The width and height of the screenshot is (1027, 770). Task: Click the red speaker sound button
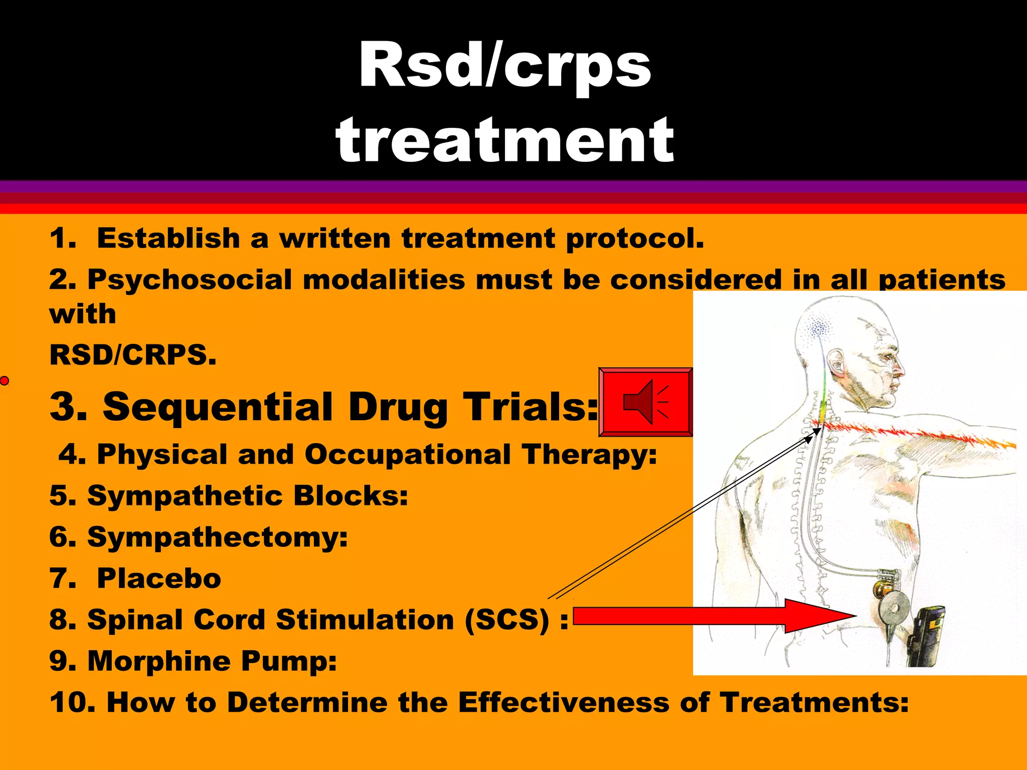[646, 402]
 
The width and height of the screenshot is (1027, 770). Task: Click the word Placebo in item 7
[158, 579]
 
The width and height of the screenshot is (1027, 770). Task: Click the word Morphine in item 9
[158, 661]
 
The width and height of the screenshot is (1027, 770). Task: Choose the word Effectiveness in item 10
[563, 702]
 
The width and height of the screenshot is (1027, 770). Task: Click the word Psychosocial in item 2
[189, 280]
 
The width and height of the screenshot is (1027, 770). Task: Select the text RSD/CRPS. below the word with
[133, 355]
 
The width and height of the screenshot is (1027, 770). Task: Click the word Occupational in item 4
[407, 454]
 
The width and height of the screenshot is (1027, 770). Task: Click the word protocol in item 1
[634, 238]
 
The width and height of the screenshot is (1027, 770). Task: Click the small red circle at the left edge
[5, 381]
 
